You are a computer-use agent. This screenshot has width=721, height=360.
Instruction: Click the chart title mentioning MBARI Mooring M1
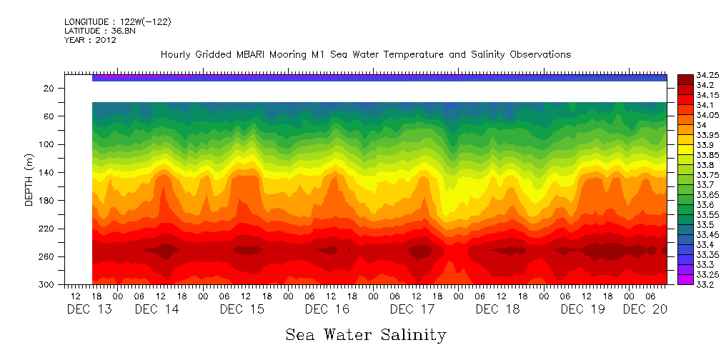[365, 55]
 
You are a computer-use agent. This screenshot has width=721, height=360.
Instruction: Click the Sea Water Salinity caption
[366, 334]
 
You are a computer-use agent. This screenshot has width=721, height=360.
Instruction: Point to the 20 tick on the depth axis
[49, 88]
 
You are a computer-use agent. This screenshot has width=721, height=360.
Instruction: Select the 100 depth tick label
[47, 144]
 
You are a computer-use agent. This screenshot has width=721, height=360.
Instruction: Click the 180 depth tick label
[47, 201]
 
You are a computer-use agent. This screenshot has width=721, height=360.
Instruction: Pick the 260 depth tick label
[47, 257]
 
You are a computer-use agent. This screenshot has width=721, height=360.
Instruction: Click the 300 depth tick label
[47, 285]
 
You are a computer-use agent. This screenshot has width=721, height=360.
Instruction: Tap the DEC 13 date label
[89, 309]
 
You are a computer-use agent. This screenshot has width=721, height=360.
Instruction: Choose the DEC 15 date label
[242, 309]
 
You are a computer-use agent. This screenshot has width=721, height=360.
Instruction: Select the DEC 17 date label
[412, 309]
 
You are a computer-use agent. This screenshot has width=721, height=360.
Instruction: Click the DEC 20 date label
[645, 309]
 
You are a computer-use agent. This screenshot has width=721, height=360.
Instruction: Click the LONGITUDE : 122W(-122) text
[117, 22]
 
